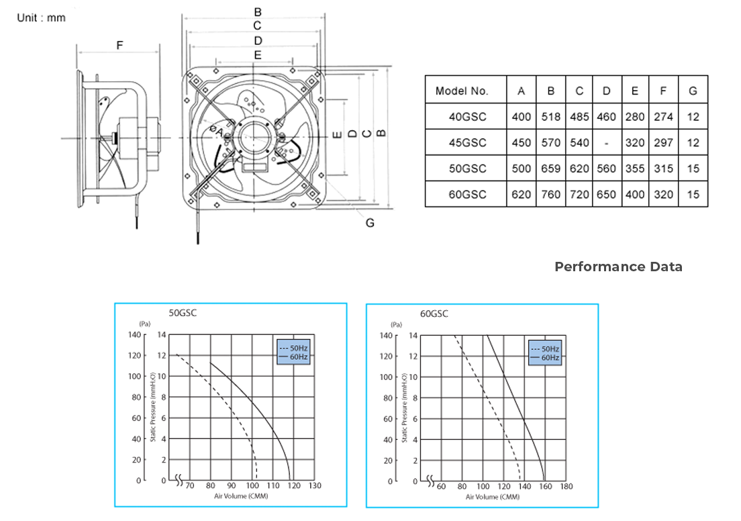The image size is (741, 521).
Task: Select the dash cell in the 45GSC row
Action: tap(606, 143)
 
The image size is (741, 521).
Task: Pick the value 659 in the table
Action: tap(550, 169)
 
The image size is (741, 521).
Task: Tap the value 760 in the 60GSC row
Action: tap(550, 195)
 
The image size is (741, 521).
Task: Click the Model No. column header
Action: tap(462, 91)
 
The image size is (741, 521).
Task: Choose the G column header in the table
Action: tap(693, 91)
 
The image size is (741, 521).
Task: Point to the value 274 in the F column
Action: tap(663, 117)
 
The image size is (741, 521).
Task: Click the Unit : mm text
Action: tap(42, 17)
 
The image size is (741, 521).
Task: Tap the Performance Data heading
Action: tap(618, 267)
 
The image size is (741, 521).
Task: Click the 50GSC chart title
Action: tap(183, 313)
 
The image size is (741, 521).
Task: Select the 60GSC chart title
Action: tap(434, 314)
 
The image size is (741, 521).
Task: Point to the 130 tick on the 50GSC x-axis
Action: tap(314, 485)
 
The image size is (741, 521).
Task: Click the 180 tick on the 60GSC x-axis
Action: tap(566, 486)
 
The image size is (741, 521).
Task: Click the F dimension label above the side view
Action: tap(119, 46)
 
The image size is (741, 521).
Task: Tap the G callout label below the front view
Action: tap(370, 223)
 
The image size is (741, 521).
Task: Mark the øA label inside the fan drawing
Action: tap(215, 131)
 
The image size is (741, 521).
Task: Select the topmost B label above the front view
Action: tap(258, 12)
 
